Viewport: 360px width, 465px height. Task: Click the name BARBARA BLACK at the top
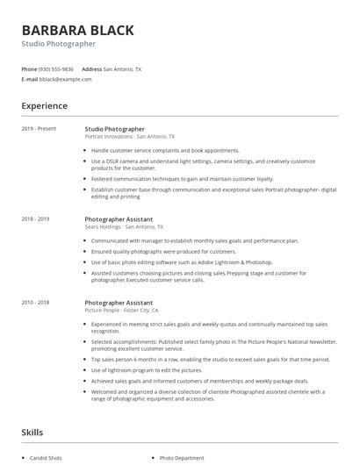pos(78,31)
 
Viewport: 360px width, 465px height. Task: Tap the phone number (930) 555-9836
pos(56,68)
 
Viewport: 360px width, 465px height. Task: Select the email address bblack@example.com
pos(65,79)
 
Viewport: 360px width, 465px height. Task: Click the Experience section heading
pos(44,106)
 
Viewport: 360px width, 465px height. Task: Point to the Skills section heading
pos(32,433)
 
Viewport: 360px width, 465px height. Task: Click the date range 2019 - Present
pos(38,129)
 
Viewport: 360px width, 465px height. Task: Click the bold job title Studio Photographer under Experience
pos(115,129)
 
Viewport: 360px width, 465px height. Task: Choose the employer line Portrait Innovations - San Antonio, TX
pos(130,137)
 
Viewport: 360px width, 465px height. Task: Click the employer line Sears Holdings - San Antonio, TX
pos(124,226)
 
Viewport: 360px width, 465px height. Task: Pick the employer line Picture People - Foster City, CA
pos(121,310)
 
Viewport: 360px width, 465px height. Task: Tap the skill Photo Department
pos(182,458)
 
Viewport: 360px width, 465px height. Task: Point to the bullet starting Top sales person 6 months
pos(211,359)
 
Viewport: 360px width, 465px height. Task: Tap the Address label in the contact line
pos(91,68)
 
